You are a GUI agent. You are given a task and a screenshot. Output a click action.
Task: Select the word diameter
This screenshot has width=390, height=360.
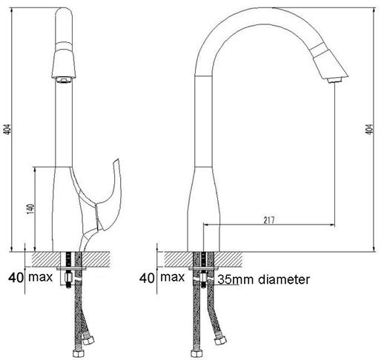281,280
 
